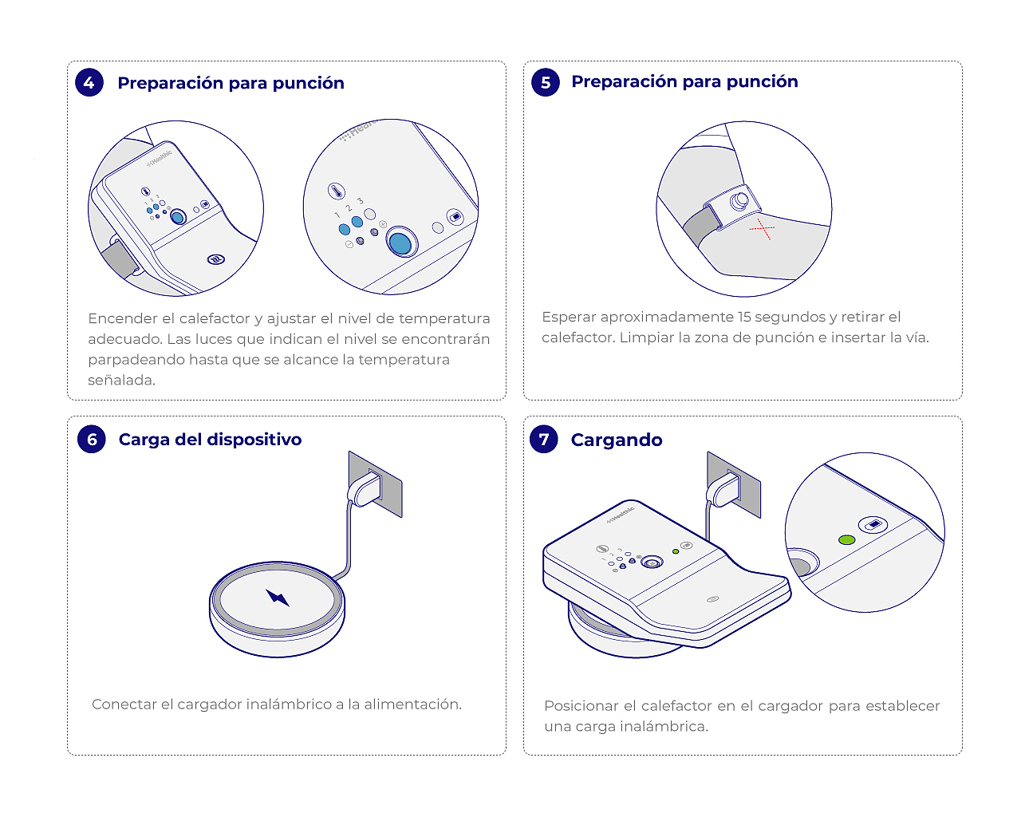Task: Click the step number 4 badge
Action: (x=89, y=83)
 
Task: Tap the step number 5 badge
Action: (x=545, y=82)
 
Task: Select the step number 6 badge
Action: (x=92, y=439)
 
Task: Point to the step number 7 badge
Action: (x=544, y=439)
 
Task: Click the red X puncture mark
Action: (x=762, y=229)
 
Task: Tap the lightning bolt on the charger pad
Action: (x=278, y=598)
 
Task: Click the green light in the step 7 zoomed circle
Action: (x=847, y=540)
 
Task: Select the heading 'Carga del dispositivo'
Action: (x=210, y=440)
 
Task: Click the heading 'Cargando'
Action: (x=617, y=440)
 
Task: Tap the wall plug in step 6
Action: (x=365, y=489)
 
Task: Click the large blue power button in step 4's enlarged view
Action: (x=401, y=243)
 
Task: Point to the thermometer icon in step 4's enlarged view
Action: (x=337, y=191)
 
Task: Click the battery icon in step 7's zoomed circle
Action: (x=873, y=524)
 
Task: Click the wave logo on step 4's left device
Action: (x=216, y=259)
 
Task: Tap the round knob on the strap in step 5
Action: (x=739, y=201)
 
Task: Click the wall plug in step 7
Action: (x=723, y=489)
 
